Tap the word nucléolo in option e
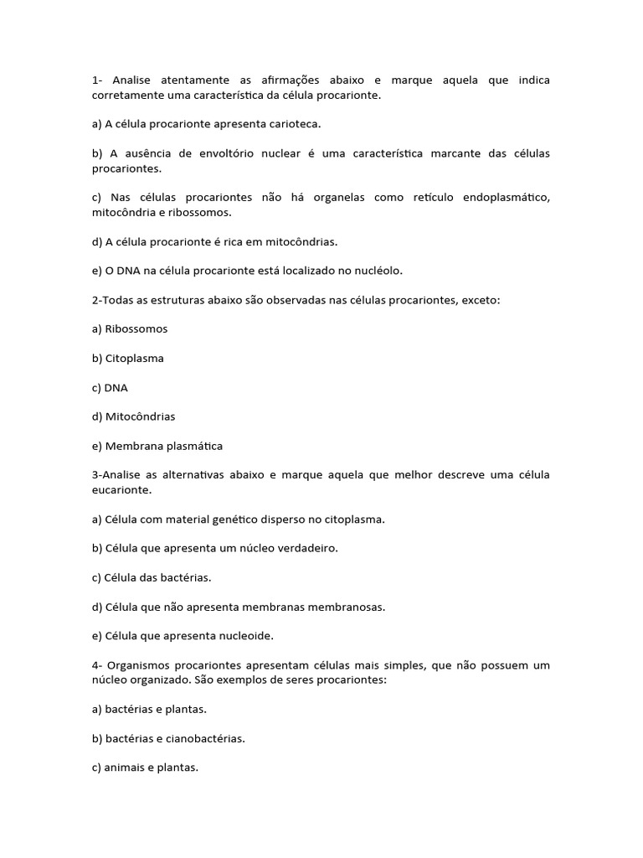click(378, 271)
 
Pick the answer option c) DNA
click(110, 388)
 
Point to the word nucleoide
click(244, 636)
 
